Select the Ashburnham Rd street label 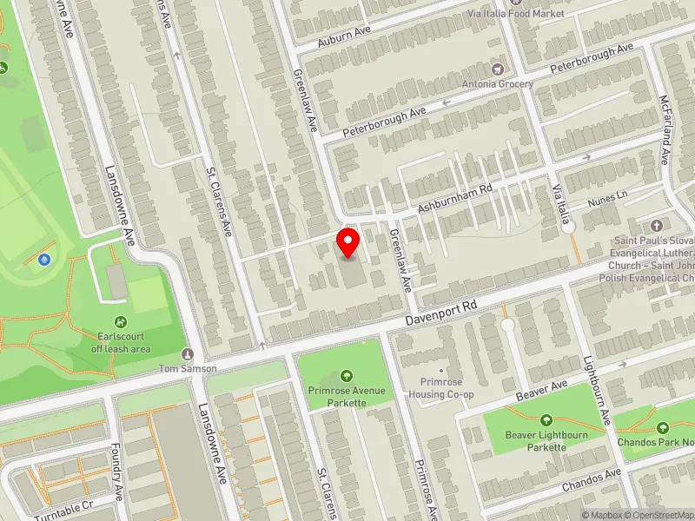(454, 199)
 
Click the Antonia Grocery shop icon (497, 68)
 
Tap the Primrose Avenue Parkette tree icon (347, 376)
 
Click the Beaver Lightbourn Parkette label (546, 441)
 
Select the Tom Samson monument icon (187, 353)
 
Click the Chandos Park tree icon (663, 427)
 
